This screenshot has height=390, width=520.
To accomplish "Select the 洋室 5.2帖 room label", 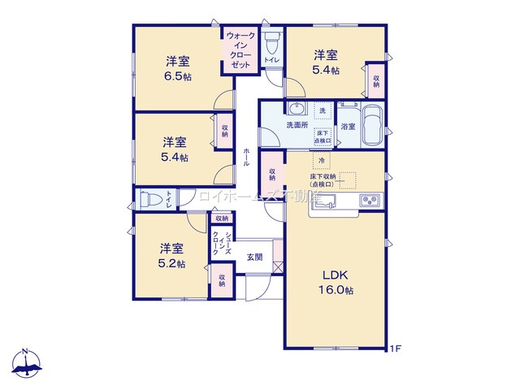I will click(171, 255).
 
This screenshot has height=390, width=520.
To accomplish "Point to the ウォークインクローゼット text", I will click(241, 48).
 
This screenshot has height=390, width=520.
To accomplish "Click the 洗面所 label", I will click(296, 126).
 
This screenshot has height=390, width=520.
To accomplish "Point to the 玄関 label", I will click(253, 257).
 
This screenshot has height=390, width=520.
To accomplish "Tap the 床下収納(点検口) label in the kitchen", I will click(325, 180).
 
